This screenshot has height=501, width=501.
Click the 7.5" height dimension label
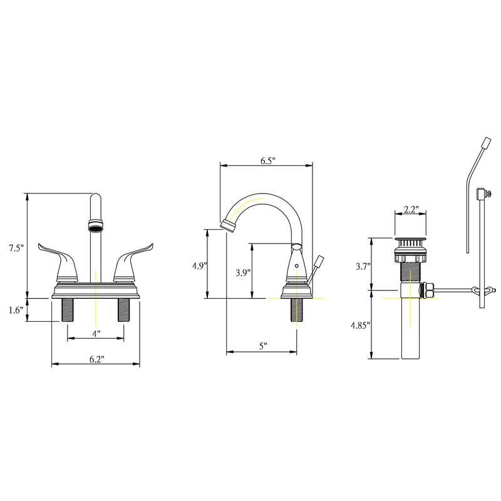tap(16, 248)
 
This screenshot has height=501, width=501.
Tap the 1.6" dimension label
tap(16, 310)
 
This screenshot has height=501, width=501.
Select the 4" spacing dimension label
tap(96, 334)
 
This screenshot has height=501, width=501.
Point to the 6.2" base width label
tap(97, 359)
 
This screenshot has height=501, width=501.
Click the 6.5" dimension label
tap(268, 161)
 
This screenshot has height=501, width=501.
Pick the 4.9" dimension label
tap(200, 266)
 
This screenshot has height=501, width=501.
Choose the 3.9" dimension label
tap(243, 272)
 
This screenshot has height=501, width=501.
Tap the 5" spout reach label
tap(263, 346)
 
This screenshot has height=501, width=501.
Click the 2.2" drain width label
tap(411, 209)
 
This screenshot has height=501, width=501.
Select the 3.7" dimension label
tap(363, 266)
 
